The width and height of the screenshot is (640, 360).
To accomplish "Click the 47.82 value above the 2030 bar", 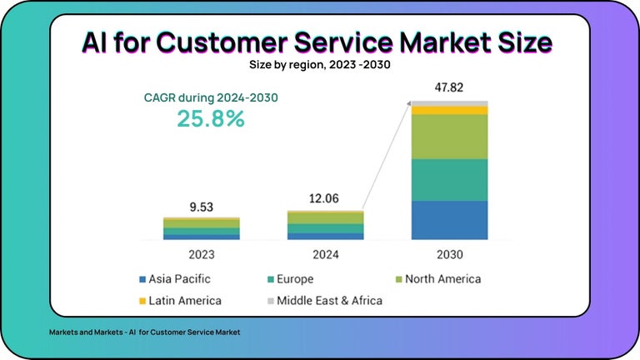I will click(x=449, y=87).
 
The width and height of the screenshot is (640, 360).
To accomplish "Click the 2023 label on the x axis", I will click(x=200, y=253).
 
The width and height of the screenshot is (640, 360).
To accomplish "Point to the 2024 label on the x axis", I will click(x=325, y=253).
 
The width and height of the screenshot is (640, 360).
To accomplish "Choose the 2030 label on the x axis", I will click(x=449, y=253).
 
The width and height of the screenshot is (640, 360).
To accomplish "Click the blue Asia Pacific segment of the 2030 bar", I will click(x=449, y=220).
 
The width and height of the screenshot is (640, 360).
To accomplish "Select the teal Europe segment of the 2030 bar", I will click(x=449, y=179).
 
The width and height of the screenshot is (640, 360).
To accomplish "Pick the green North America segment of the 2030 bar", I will click(x=449, y=137).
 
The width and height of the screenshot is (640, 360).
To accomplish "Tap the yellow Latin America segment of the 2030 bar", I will click(x=449, y=110).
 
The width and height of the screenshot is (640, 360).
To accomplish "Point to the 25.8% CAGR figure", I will click(x=211, y=118).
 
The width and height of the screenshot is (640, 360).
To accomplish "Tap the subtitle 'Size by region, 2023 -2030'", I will click(x=319, y=63).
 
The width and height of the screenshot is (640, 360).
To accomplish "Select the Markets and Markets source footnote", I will click(x=144, y=332).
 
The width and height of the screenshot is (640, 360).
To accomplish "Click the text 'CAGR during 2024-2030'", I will click(x=211, y=97).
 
